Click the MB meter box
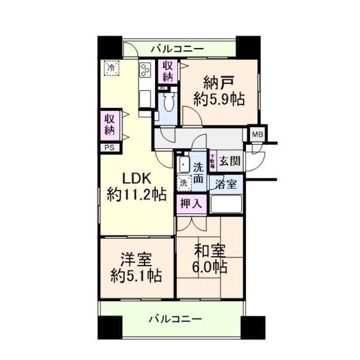(257, 134)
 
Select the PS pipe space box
(109, 148)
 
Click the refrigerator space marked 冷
(110, 68)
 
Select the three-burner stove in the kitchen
(145, 70)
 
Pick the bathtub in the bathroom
(226, 204)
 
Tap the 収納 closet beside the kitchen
(168, 72)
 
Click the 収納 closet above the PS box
(109, 125)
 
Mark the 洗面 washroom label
(198, 172)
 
